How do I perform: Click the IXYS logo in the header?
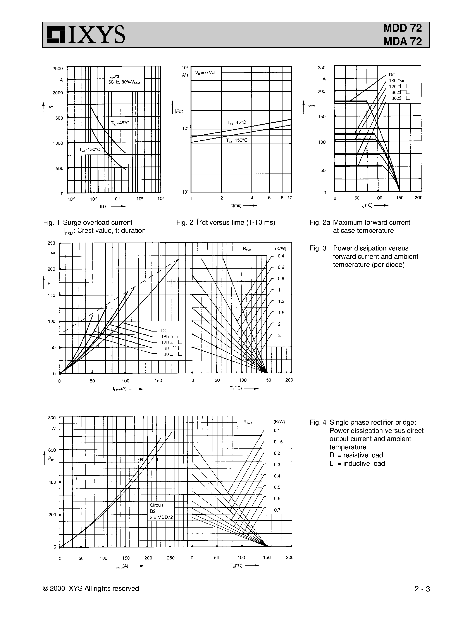[x=86, y=35]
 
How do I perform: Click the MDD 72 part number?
[x=402, y=28]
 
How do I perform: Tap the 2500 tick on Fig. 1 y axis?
[x=58, y=68]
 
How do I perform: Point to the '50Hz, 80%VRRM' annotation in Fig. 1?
[x=124, y=82]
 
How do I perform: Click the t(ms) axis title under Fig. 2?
[x=236, y=205]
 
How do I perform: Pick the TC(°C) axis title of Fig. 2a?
[x=366, y=205]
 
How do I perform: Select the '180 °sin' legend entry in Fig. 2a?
[x=397, y=81]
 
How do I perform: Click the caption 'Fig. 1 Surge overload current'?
[x=88, y=222]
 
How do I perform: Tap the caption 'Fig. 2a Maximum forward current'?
[x=360, y=222]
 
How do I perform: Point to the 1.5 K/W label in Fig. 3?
[x=281, y=313]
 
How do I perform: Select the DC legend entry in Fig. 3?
[x=164, y=331]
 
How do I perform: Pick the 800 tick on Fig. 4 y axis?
[x=52, y=418]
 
